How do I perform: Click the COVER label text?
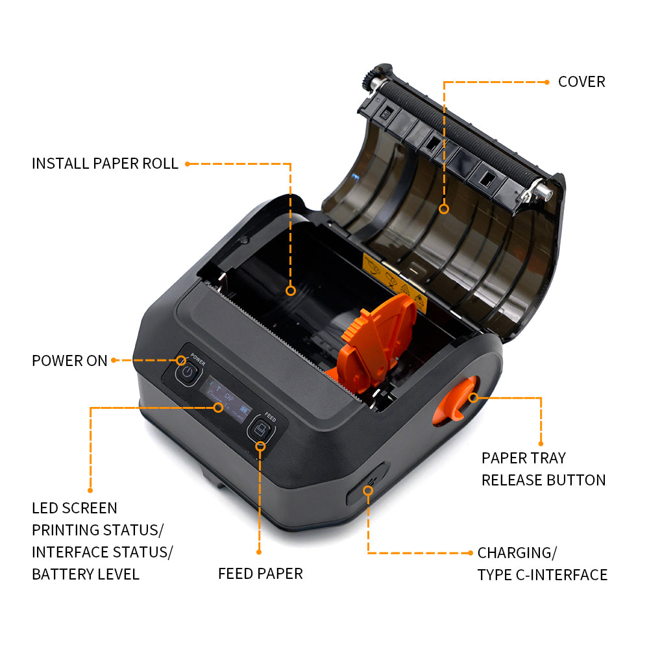click(581, 82)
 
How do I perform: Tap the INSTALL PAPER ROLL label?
click(104, 164)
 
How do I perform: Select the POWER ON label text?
click(69, 361)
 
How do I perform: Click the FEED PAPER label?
click(260, 574)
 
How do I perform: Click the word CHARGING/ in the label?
click(517, 553)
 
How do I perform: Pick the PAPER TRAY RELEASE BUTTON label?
click(543, 469)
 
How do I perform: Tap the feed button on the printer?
click(259, 430)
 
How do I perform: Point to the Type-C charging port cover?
click(366, 484)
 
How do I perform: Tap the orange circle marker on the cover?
click(444, 208)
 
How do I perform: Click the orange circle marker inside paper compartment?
click(291, 291)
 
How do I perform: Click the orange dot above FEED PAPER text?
click(259, 552)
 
